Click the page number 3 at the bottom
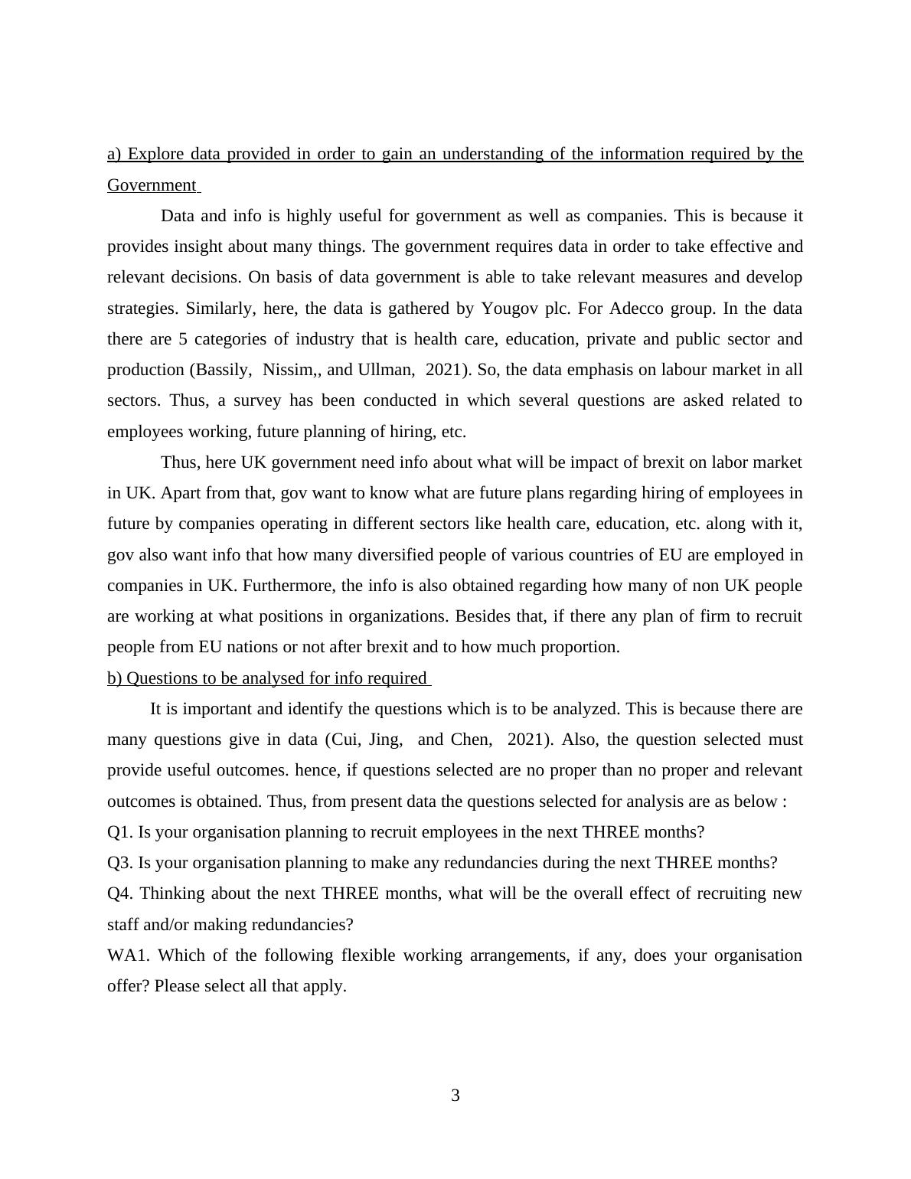tap(455, 1096)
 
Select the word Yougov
tap(509, 309)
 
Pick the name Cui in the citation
tap(346, 740)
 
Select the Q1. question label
tap(120, 832)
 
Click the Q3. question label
tap(120, 863)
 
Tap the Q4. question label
tap(121, 893)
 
